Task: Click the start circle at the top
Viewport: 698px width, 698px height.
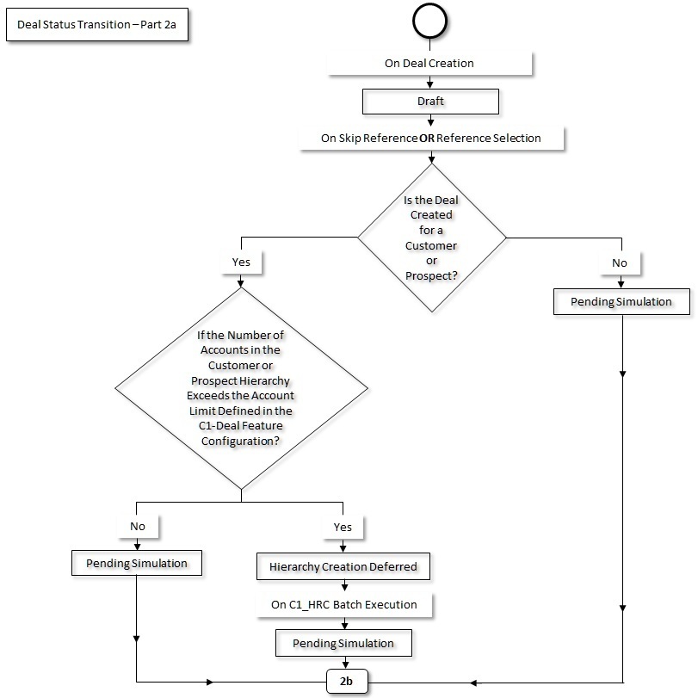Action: tap(430, 22)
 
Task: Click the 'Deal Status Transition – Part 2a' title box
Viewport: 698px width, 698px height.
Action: tap(97, 27)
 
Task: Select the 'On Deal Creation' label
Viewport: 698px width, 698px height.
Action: tap(429, 63)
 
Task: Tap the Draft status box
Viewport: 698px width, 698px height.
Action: tap(429, 101)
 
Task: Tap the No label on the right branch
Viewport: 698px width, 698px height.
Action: tap(620, 262)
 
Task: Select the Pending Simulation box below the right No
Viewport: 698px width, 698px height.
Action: tap(621, 302)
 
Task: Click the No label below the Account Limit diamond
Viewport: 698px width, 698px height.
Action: tap(137, 526)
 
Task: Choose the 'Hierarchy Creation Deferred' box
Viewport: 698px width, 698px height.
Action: tap(343, 566)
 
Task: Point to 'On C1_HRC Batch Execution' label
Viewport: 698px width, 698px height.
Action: tap(344, 605)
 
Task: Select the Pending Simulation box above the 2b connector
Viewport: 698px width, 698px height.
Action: tap(343, 643)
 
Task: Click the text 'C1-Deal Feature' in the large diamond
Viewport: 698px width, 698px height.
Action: tap(242, 425)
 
